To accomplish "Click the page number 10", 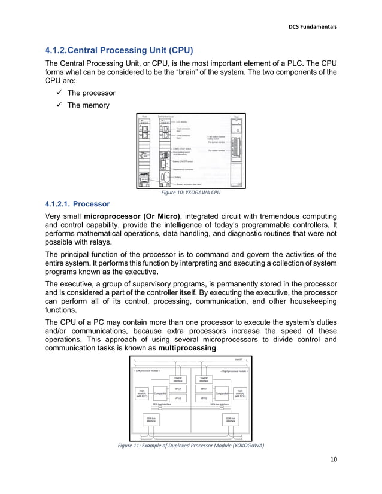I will coord(334,459).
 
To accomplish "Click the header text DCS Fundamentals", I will coord(313,26).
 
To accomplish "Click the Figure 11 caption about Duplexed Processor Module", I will coord(190,445).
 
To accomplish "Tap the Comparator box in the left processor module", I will coord(160,393).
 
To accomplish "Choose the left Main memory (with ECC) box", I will coord(141,393).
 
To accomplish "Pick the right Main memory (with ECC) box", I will coord(240,393).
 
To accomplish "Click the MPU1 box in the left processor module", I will coord(178,388).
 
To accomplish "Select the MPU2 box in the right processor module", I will coord(204,398).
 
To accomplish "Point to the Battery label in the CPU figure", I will coord(177,177).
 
